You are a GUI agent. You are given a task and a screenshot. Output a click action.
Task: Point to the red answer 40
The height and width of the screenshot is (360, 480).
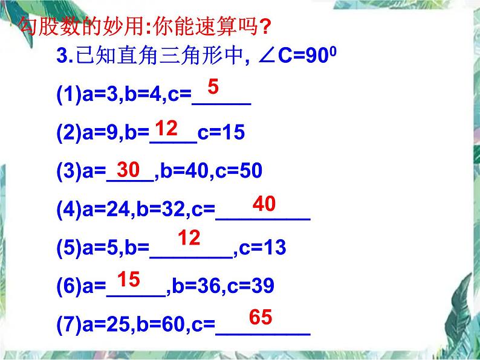click(x=264, y=204)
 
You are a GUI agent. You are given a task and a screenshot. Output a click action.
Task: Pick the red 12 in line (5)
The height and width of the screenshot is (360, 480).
click(x=189, y=238)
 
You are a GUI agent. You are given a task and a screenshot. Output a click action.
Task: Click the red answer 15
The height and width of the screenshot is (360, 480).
click(x=128, y=279)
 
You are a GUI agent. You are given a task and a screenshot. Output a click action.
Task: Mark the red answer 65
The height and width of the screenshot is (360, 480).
click(x=261, y=317)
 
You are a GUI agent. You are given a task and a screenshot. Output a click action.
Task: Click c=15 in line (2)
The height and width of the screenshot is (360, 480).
click(x=221, y=133)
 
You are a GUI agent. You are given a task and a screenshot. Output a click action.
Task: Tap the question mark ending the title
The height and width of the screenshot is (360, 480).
click(x=264, y=27)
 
